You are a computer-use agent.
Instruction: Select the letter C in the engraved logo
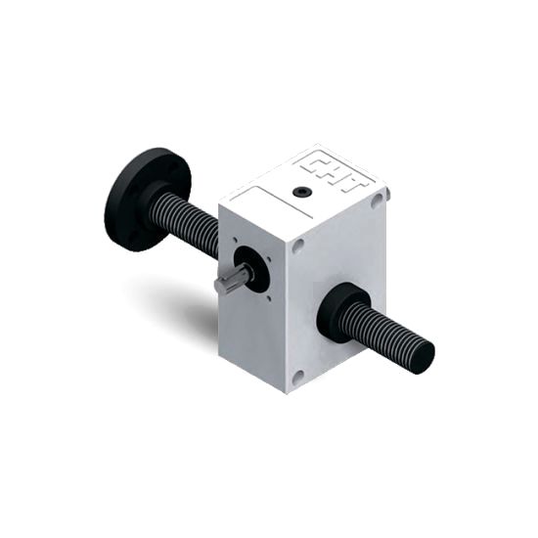(313, 162)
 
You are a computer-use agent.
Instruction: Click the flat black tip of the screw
(425, 355)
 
